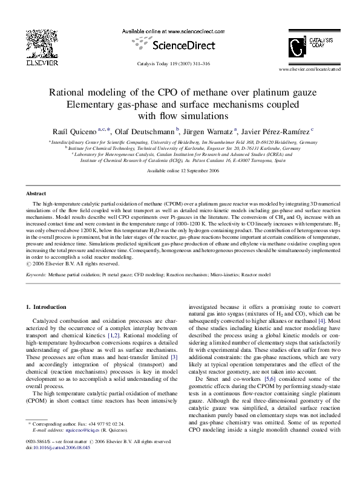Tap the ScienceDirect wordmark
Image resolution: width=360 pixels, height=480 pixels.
(180, 45)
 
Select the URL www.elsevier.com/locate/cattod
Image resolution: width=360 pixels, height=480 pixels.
(310, 70)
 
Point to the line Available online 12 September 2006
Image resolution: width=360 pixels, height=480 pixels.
(180, 171)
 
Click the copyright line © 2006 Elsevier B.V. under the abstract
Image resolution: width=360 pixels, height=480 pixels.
(71, 264)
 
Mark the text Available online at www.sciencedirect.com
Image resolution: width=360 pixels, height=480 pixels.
(180, 30)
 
